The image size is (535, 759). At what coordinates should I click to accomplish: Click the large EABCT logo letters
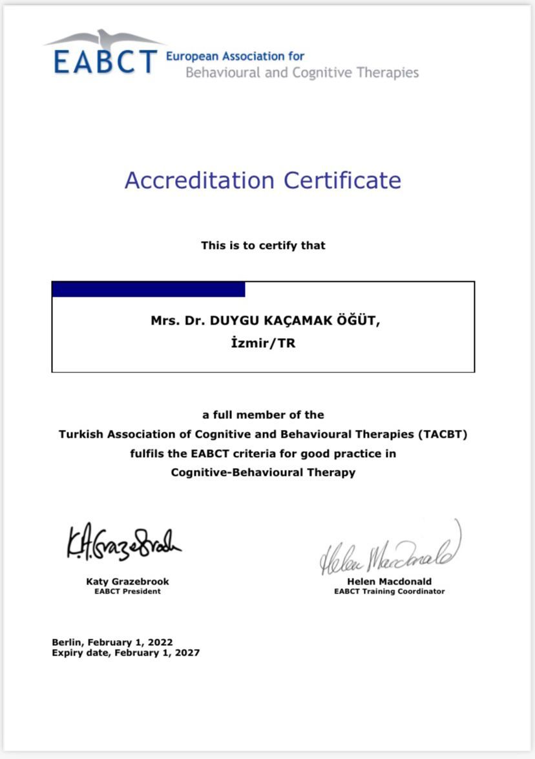click(105, 61)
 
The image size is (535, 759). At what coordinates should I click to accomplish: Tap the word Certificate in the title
click(342, 180)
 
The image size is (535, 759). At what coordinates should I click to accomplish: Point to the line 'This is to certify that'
click(263, 246)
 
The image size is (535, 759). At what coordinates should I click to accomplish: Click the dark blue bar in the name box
click(148, 290)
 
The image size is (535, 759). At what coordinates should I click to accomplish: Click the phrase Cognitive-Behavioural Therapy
click(263, 473)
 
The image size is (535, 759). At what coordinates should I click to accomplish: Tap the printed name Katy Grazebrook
click(127, 581)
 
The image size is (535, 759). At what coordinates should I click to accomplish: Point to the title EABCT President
click(127, 591)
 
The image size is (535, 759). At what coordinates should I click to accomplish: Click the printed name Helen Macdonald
click(389, 581)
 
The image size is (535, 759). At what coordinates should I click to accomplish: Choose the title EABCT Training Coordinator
click(389, 591)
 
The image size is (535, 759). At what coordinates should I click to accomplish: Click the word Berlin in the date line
click(67, 643)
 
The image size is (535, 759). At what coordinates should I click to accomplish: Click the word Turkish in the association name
click(79, 434)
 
